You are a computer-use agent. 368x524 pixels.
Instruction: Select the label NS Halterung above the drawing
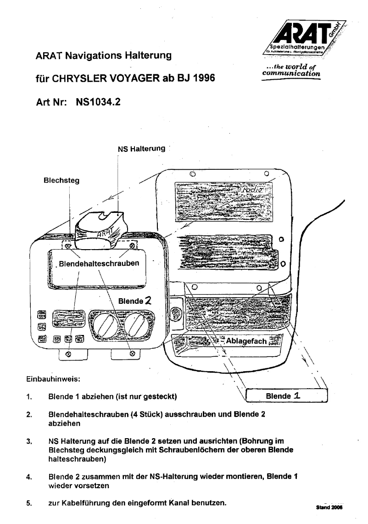point(141,149)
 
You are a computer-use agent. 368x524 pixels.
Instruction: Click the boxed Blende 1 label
point(285,395)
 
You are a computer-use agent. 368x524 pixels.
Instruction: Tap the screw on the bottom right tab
point(133,353)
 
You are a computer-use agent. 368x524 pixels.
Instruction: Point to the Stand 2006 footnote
point(329,508)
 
